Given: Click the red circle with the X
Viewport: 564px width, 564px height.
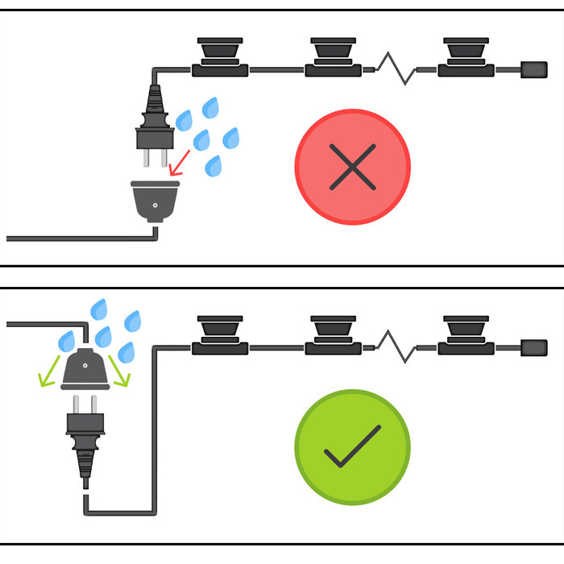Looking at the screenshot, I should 353,167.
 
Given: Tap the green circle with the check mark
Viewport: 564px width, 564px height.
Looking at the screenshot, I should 353,447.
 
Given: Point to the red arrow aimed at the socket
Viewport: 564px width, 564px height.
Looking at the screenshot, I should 180,160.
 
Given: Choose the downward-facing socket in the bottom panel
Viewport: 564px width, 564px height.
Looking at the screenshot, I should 85,370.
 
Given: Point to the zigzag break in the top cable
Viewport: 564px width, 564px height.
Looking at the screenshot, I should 396,69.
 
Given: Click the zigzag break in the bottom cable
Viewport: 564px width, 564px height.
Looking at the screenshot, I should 396,346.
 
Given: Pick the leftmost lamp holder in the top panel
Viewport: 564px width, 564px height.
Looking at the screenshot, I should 220,56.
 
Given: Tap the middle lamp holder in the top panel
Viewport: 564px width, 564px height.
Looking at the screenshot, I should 333,56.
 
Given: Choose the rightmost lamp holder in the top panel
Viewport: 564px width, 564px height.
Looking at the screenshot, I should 466,56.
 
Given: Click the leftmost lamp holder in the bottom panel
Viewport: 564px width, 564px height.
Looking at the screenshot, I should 220,334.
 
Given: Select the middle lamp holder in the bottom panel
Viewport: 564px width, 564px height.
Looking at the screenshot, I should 333,334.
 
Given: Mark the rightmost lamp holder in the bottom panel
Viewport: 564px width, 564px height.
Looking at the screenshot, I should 466,334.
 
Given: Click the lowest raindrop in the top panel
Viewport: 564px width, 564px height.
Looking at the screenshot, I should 214,166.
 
